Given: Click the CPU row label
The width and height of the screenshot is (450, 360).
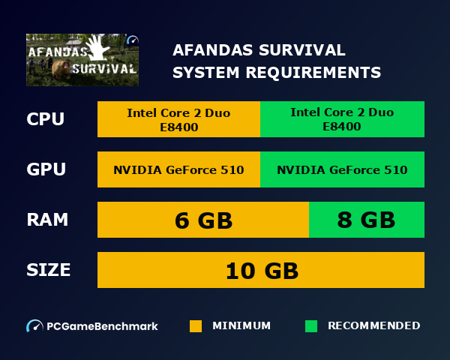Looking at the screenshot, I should point(46,119).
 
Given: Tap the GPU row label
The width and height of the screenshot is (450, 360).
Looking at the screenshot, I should point(46,169).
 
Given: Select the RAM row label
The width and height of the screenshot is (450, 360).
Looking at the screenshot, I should point(47,220).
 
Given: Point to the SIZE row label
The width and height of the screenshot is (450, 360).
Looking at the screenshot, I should point(49,270).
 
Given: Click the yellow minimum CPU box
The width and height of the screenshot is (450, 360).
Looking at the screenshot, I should point(178,119).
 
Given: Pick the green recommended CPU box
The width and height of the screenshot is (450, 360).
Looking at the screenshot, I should point(342,119).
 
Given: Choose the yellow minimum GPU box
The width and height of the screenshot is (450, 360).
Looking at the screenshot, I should point(178,169).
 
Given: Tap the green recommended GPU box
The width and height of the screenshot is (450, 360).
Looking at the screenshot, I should point(342,169).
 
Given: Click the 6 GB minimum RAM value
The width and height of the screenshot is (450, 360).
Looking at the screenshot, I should point(203,220).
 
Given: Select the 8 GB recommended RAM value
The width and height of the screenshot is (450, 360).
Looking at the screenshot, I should point(366,220).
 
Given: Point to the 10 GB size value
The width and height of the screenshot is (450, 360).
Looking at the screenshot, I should point(261,270).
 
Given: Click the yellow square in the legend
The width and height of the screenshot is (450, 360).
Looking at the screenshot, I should point(196,326).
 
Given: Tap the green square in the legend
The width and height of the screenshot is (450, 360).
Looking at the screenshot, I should point(311,326).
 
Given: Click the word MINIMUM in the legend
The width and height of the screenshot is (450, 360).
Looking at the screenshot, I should point(241,326).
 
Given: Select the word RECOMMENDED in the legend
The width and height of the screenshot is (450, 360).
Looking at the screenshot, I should point(373,326).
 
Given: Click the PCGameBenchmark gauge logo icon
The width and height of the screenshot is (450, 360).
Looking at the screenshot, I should point(34,326).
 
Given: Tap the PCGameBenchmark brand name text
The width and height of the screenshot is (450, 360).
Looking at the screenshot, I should point(102,326).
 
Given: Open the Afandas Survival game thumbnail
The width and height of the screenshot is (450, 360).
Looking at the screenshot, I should point(82,60).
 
